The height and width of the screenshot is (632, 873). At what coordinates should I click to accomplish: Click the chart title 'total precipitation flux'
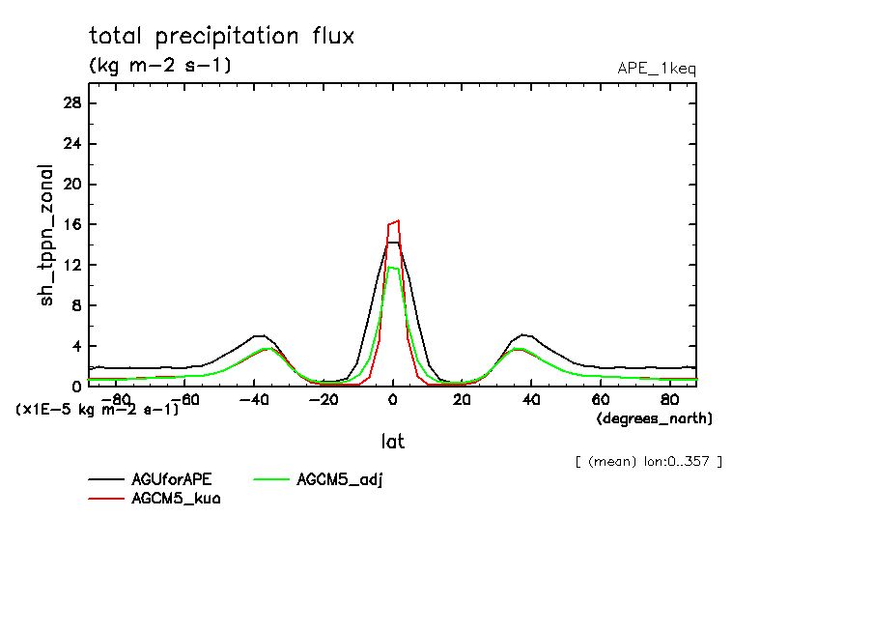point(222,37)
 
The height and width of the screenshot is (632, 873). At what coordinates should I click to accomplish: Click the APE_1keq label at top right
point(656,69)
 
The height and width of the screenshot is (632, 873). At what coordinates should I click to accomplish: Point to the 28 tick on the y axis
point(71,103)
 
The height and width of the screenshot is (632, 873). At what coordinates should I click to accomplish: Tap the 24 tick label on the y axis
point(71,144)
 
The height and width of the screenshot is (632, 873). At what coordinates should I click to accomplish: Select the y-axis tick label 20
point(71,185)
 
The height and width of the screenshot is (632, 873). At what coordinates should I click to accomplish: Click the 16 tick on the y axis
point(71,225)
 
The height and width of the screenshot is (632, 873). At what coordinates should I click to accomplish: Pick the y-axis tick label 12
point(71,266)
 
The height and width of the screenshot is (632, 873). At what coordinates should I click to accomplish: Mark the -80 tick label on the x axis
point(116,399)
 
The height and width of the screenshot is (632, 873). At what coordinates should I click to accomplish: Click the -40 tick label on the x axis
point(254,399)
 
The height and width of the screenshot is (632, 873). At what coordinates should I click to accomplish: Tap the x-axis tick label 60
point(600,399)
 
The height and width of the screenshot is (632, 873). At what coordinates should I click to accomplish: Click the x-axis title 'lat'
point(392,442)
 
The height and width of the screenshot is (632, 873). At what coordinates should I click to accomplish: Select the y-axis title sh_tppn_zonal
point(47,235)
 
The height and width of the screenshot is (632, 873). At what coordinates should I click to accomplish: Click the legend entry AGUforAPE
point(172,479)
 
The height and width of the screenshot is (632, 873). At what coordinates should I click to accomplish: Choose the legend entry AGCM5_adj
point(340,479)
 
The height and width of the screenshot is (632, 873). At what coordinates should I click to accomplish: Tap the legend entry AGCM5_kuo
point(176,499)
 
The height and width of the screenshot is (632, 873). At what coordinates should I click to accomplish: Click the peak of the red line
point(397,220)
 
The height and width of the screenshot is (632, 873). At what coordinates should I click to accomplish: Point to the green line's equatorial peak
point(392,268)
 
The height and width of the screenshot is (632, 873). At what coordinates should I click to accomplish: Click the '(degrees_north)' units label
point(654,418)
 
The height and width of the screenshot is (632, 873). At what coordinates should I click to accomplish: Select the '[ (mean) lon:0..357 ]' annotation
point(648,461)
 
